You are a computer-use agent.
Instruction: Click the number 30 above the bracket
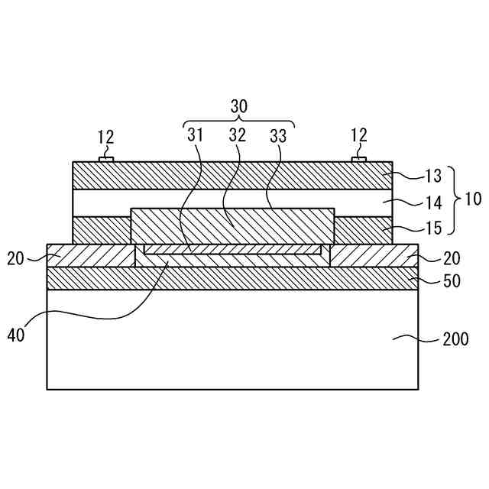pyautogui.click(x=239, y=107)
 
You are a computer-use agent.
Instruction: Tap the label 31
pyautogui.click(x=196, y=136)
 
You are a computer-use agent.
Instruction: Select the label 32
pyautogui.click(x=237, y=136)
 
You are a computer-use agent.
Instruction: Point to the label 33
pyautogui.click(x=278, y=136)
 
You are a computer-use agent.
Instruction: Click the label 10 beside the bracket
pyautogui.click(x=472, y=200)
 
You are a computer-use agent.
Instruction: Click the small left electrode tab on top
pyautogui.click(x=105, y=159)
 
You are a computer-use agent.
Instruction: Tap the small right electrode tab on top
pyautogui.click(x=358, y=159)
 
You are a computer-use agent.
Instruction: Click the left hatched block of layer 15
pyautogui.click(x=101, y=230)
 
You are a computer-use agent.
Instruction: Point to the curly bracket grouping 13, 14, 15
pyautogui.click(x=453, y=200)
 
